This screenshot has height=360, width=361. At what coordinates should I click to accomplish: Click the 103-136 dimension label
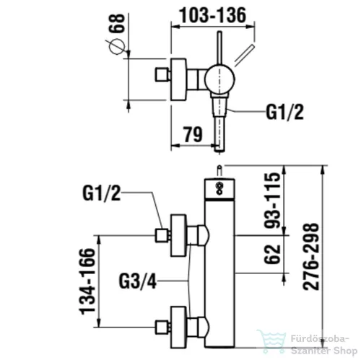click(213, 15)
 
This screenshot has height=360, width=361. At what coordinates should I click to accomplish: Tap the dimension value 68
click(117, 23)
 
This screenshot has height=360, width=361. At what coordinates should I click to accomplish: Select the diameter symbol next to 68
click(116, 46)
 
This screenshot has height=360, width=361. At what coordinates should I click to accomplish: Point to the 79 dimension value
click(193, 135)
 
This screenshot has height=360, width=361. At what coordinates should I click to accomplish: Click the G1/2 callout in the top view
click(284, 112)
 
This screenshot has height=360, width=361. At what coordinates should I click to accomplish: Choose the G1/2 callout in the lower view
click(101, 193)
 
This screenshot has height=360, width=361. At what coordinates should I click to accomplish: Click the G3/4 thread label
click(137, 281)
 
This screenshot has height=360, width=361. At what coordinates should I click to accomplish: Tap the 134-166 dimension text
click(87, 281)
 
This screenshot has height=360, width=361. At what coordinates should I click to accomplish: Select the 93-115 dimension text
click(272, 201)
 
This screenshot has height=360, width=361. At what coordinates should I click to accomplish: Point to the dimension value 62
click(272, 254)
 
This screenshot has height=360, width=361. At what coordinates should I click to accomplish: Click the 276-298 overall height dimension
click(311, 257)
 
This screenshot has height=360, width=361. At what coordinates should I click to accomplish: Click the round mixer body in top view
click(219, 79)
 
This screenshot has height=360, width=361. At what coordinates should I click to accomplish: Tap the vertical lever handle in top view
click(219, 48)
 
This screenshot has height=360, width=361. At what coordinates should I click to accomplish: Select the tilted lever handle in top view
click(244, 56)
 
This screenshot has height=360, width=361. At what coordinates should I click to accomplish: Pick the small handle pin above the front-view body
click(219, 172)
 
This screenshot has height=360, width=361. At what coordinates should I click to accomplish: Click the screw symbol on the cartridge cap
click(219, 188)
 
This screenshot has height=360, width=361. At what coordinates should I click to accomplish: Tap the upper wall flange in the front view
click(178, 235)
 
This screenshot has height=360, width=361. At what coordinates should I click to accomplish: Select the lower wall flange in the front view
click(178, 328)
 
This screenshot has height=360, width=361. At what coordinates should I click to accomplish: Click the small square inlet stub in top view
click(162, 74)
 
